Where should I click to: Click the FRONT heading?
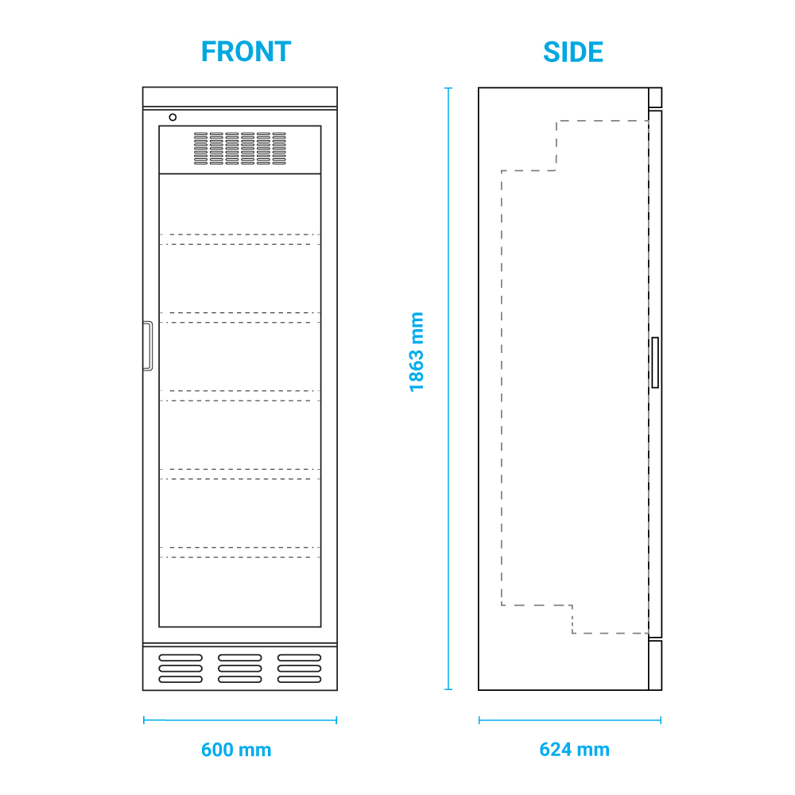[246, 52]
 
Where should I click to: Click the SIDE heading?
[572, 52]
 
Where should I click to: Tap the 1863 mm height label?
[417, 351]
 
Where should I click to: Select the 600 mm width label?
[236, 750]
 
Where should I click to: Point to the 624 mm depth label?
[574, 750]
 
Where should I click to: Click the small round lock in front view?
[173, 118]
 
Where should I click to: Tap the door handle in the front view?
[147, 346]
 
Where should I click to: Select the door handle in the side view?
[654, 363]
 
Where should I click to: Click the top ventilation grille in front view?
[240, 149]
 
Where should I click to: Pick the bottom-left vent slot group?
[180, 669]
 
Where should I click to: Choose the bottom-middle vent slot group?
[240, 669]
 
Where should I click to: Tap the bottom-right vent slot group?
[299, 669]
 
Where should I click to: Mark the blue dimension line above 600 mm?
[240, 720]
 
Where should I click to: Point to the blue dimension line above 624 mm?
[570, 720]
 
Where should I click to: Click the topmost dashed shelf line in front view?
[240, 235]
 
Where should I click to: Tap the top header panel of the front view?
[240, 97]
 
